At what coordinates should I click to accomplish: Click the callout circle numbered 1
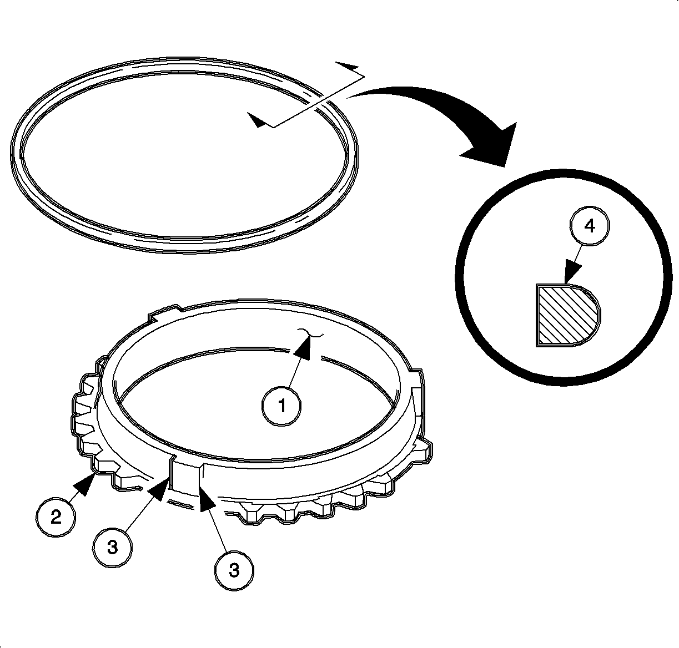281,406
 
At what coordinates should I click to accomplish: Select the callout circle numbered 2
56,517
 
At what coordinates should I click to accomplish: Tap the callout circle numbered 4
590,226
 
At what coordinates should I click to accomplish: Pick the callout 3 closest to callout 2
112,547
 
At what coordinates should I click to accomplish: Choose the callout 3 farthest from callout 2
234,570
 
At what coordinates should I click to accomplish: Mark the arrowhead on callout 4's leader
572,271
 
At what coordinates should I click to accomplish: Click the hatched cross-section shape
568,315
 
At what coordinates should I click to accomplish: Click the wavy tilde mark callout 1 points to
310,334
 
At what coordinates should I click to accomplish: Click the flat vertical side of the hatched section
537,315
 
